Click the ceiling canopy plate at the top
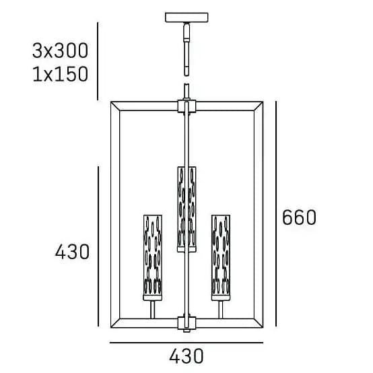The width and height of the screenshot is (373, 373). coord(186,18)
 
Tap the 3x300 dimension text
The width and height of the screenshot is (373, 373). coord(60,50)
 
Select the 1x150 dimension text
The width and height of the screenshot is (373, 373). coord(60,74)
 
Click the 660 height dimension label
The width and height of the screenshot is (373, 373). coord(299,217)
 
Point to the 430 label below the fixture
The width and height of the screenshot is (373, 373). coord(186,356)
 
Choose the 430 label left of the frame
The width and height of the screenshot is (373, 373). coord(72,252)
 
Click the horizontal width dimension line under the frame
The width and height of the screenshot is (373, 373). coord(186,343)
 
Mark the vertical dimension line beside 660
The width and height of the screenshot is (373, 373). coord(276,213)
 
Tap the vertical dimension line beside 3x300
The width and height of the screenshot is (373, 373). coord(98,61)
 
